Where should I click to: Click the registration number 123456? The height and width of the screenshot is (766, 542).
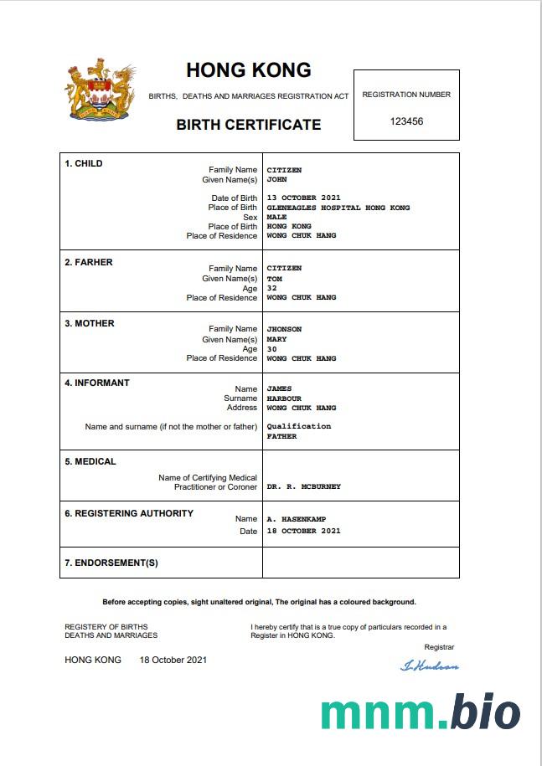point(406,121)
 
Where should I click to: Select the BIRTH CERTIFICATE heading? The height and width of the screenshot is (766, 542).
point(248,125)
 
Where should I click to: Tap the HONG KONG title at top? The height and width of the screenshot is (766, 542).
point(248,70)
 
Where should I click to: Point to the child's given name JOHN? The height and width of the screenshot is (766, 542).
point(276,179)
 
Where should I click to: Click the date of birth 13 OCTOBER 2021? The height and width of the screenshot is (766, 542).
point(303,198)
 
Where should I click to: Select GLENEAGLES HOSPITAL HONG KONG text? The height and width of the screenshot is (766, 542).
point(338,208)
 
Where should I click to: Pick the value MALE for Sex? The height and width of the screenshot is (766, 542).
point(276,217)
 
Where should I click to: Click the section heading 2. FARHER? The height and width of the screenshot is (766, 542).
point(88,262)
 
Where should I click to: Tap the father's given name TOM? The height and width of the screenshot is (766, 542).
point(274,279)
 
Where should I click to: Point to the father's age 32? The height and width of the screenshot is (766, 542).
point(271,288)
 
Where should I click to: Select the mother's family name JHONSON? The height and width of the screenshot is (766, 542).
point(284,329)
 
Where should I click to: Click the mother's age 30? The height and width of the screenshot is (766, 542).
point(271,349)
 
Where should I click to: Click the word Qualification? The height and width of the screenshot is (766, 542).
point(298,426)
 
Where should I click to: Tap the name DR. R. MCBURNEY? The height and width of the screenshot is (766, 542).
point(303,486)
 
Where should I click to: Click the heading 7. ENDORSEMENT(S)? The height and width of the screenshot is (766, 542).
point(111,563)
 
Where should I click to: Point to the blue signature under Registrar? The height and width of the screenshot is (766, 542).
point(430,666)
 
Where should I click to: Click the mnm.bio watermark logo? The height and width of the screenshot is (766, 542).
point(420,712)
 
